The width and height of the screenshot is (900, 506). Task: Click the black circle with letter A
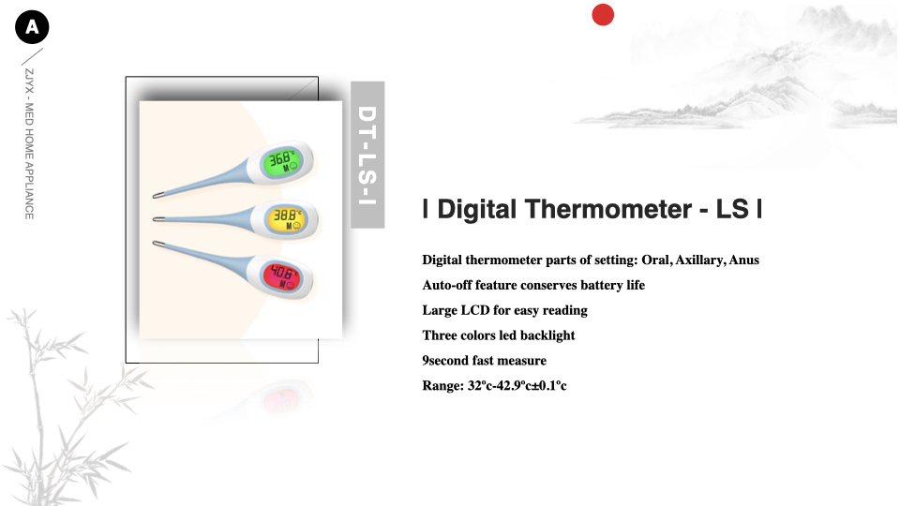coord(32,27)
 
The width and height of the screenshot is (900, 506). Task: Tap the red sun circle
coord(603,15)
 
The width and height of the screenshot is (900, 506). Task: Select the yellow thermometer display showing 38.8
coord(286,219)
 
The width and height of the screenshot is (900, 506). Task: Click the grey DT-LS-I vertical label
coord(367,155)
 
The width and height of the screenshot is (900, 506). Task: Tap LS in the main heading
coord(732,209)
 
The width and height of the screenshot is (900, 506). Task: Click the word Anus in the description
coord(743,260)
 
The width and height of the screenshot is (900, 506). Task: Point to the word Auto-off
coord(447,285)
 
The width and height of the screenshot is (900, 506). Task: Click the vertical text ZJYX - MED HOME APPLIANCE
coord(29,144)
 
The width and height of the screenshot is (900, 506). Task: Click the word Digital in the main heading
coord(477,209)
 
